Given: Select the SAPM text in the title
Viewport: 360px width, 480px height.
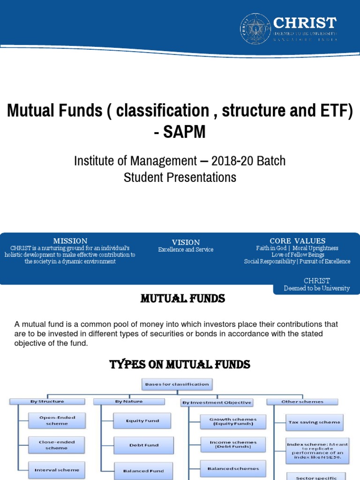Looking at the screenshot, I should point(180,132).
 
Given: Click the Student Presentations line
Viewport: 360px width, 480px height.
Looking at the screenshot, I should point(180,177).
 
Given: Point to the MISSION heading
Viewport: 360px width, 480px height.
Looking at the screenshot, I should point(70,241).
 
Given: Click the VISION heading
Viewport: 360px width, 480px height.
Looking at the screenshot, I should point(186,242).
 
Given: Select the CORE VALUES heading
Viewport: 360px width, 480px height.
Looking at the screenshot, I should point(297,241).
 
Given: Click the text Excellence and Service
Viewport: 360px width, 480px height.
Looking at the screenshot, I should point(186,250).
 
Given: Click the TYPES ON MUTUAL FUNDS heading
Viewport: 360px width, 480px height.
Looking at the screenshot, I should point(180,365).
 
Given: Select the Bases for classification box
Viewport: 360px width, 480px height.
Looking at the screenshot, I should point(177,384).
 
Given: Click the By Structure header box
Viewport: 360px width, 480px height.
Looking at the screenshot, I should point(47,402).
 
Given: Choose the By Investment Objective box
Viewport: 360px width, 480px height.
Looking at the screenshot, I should point(217,403).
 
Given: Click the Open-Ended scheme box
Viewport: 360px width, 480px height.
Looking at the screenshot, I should point(57,420).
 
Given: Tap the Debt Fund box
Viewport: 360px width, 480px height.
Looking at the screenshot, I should point(143,445).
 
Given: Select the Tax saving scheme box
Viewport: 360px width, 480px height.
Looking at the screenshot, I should point(314,422).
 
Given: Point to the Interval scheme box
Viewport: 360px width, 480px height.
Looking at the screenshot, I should point(57,470).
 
